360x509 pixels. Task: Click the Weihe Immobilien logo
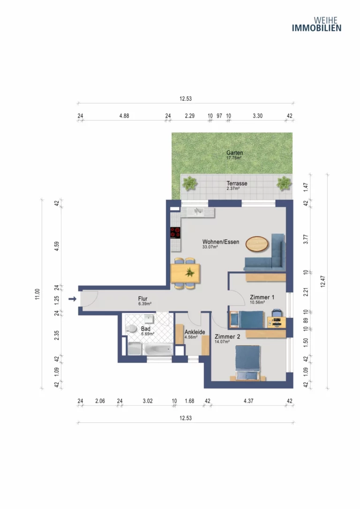(x=316, y=24)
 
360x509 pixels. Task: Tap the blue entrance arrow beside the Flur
(x=72, y=299)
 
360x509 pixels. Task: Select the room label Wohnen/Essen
(x=221, y=242)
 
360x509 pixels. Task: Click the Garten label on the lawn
(x=235, y=153)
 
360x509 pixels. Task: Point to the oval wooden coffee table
(x=257, y=244)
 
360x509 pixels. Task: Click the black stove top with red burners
(x=175, y=233)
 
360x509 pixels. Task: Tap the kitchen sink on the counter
(x=198, y=212)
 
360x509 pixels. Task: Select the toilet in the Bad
(x=131, y=329)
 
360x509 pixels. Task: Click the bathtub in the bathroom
(x=159, y=350)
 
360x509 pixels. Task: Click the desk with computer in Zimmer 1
(x=277, y=322)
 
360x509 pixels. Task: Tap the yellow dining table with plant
(x=185, y=273)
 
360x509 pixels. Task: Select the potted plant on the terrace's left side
(x=189, y=183)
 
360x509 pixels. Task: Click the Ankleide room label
(x=195, y=332)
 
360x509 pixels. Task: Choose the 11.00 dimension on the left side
(x=37, y=294)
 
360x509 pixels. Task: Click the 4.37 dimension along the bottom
(x=248, y=401)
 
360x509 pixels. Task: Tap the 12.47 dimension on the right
(x=322, y=281)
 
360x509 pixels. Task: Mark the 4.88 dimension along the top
(x=124, y=116)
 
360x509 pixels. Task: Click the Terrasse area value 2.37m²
(x=233, y=188)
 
